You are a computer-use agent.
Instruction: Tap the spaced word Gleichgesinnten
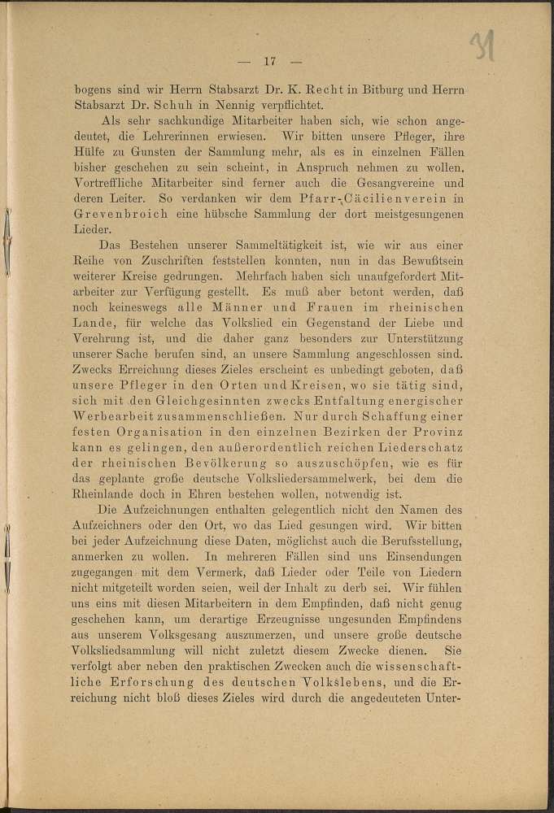[204, 402]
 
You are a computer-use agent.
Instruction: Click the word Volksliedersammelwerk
[294, 480]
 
